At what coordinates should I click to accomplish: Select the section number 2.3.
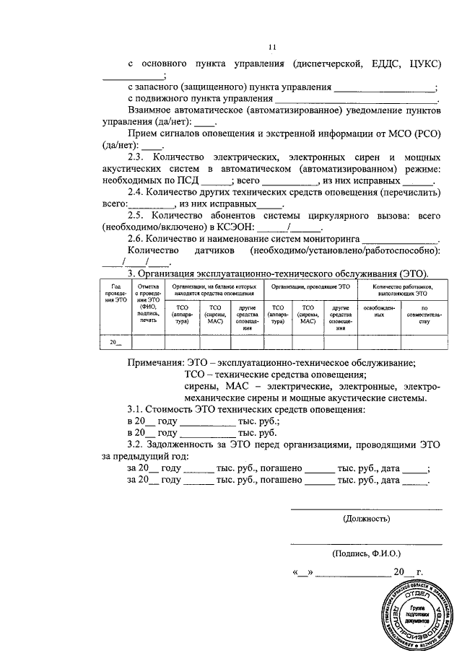click(137, 157)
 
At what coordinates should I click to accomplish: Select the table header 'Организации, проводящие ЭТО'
click(310, 287)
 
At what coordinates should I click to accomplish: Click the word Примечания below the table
click(154, 363)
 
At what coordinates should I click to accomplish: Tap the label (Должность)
click(366, 518)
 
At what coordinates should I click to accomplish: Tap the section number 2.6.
click(137, 237)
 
